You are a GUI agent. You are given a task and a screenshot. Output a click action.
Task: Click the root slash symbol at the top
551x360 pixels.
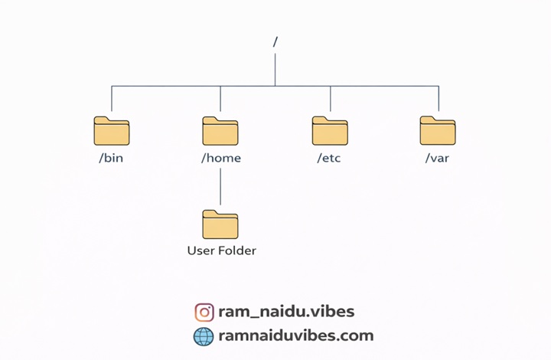coord(275,42)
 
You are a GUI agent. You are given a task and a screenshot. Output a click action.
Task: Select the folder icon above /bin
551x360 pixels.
coord(112,131)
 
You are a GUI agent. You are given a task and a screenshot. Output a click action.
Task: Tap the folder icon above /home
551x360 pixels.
coord(220,131)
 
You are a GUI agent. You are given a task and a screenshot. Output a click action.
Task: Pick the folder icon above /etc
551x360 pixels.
coord(330,131)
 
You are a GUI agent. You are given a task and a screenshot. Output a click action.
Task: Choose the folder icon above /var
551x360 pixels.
coord(438,131)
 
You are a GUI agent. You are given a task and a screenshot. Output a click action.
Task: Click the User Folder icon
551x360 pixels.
coord(220,224)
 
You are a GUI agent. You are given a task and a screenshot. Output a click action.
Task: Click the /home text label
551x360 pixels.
coord(220,159)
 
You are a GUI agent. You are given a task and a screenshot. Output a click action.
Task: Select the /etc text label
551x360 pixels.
coord(330,159)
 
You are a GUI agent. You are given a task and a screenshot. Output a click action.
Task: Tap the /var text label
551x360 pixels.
coord(438,159)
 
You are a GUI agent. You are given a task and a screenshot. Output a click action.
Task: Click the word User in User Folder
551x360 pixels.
coord(201,250)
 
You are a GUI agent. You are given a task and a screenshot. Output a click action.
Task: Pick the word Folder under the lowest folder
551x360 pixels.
coord(237,250)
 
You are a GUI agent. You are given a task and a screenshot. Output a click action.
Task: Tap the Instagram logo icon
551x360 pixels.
coord(204,312)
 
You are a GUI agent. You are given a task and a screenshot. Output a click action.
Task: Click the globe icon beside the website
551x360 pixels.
coord(204,335)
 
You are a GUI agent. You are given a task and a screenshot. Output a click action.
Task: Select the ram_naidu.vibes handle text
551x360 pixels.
coord(286,312)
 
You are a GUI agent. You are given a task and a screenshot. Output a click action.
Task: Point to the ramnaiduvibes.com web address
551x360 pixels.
coord(295,335)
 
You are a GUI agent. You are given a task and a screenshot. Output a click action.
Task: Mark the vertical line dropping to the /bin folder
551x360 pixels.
coord(112,100)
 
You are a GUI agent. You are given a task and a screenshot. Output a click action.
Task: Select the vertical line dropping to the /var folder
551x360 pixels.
coord(439,100)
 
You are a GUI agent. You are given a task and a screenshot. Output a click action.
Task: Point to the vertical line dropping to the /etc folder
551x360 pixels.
coord(330,100)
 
